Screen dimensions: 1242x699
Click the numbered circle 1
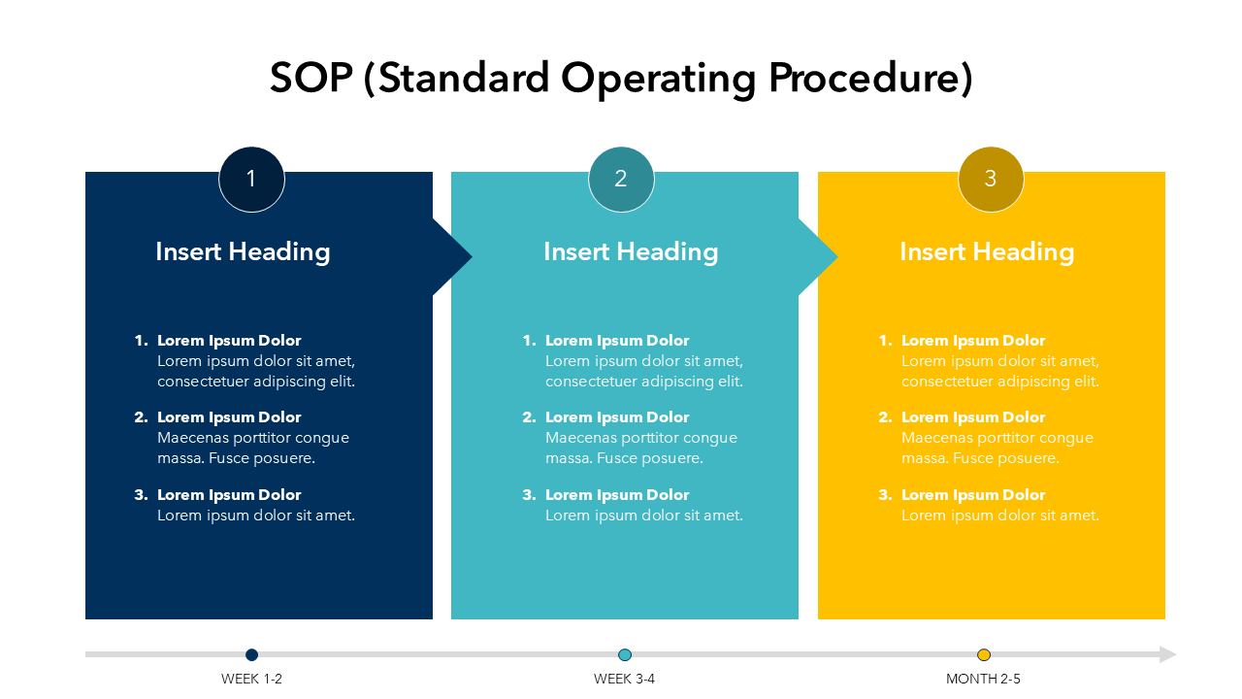[x=251, y=180]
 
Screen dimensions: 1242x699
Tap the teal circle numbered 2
[x=621, y=180]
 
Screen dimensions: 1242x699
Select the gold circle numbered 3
[x=991, y=180]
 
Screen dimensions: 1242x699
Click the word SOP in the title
[x=311, y=78]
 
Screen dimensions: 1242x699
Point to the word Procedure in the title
[x=870, y=79]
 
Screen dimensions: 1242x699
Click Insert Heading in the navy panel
[x=243, y=251]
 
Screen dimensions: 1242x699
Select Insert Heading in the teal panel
[x=631, y=251]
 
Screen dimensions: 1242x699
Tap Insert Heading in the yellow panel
[x=987, y=251]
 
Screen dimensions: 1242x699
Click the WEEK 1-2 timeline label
[x=251, y=679]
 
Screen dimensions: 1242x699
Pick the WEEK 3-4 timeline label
[x=624, y=679]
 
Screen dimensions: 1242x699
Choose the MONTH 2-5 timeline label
[x=983, y=679]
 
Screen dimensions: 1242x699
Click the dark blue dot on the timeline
[x=251, y=654]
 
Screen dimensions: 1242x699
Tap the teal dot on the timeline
[x=625, y=654]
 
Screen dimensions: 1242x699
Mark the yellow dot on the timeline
[x=984, y=654]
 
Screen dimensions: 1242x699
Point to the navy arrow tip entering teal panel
[x=472, y=256]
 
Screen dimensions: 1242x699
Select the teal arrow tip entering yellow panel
[x=837, y=256]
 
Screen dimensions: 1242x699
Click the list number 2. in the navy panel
[x=142, y=417]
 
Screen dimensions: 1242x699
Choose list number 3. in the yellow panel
[x=886, y=495]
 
